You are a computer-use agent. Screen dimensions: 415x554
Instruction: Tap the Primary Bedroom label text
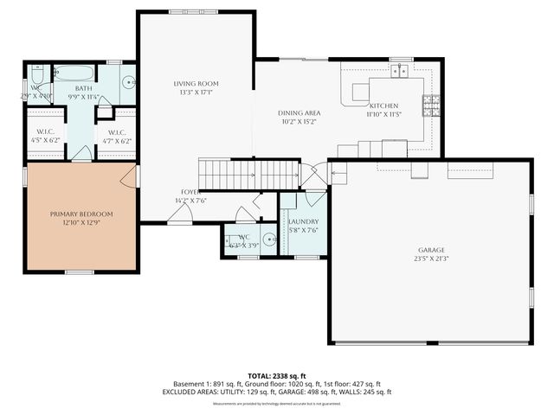pos(82,214)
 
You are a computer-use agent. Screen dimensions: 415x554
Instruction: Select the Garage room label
pos(430,249)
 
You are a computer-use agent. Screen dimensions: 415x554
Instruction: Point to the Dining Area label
pos(300,113)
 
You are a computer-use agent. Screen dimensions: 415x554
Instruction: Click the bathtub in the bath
pos(75,72)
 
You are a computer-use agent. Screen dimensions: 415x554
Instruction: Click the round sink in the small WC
pos(268,239)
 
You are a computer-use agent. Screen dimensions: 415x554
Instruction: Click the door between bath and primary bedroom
pos(81,154)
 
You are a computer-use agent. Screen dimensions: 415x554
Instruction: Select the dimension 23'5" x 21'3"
pos(430,258)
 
